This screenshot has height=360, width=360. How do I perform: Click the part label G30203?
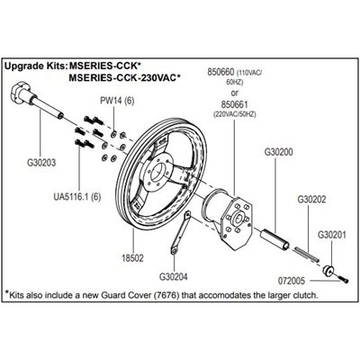pos(41,163)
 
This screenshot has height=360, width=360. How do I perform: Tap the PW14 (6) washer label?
pos(117,101)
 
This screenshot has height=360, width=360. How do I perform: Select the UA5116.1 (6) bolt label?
pos(77,197)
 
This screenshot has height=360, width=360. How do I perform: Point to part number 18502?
pos(132,258)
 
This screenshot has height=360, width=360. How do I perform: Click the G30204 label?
pos(174,276)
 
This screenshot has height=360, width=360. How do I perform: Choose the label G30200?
pos(279,152)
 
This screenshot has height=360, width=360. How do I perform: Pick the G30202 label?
pos(311,200)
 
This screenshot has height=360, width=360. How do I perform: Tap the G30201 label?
pos(332,235)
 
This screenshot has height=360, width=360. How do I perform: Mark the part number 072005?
pos(292,281)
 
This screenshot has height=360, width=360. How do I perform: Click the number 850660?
pos(221,72)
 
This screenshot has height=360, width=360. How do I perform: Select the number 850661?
pos(235,104)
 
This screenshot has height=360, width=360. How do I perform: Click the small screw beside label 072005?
pos(344,279)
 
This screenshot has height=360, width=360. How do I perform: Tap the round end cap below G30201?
pos(328,270)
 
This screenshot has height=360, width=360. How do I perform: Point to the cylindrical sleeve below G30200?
pos(274,239)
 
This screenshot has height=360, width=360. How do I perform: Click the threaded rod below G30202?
pos(308,255)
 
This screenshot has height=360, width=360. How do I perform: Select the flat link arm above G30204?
pos(180,233)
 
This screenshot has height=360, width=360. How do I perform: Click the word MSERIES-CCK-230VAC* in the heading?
pos(124,78)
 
